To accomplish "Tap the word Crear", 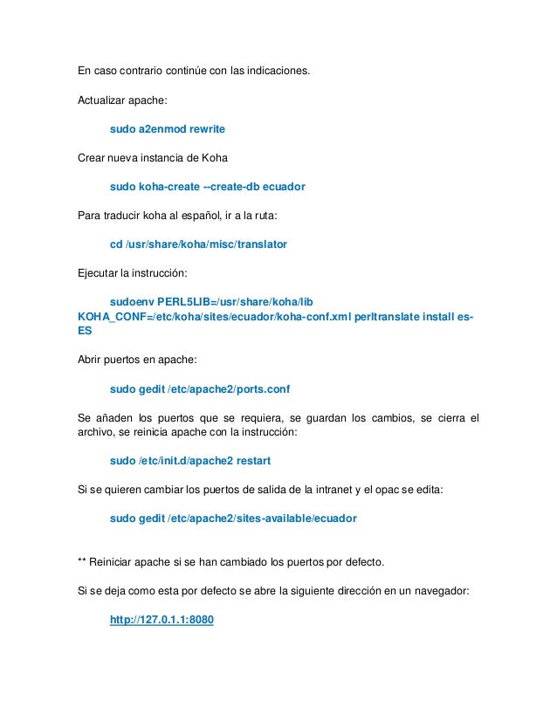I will click(92, 158).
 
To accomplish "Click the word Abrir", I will click(92, 359).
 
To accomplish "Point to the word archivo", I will click(97, 432).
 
